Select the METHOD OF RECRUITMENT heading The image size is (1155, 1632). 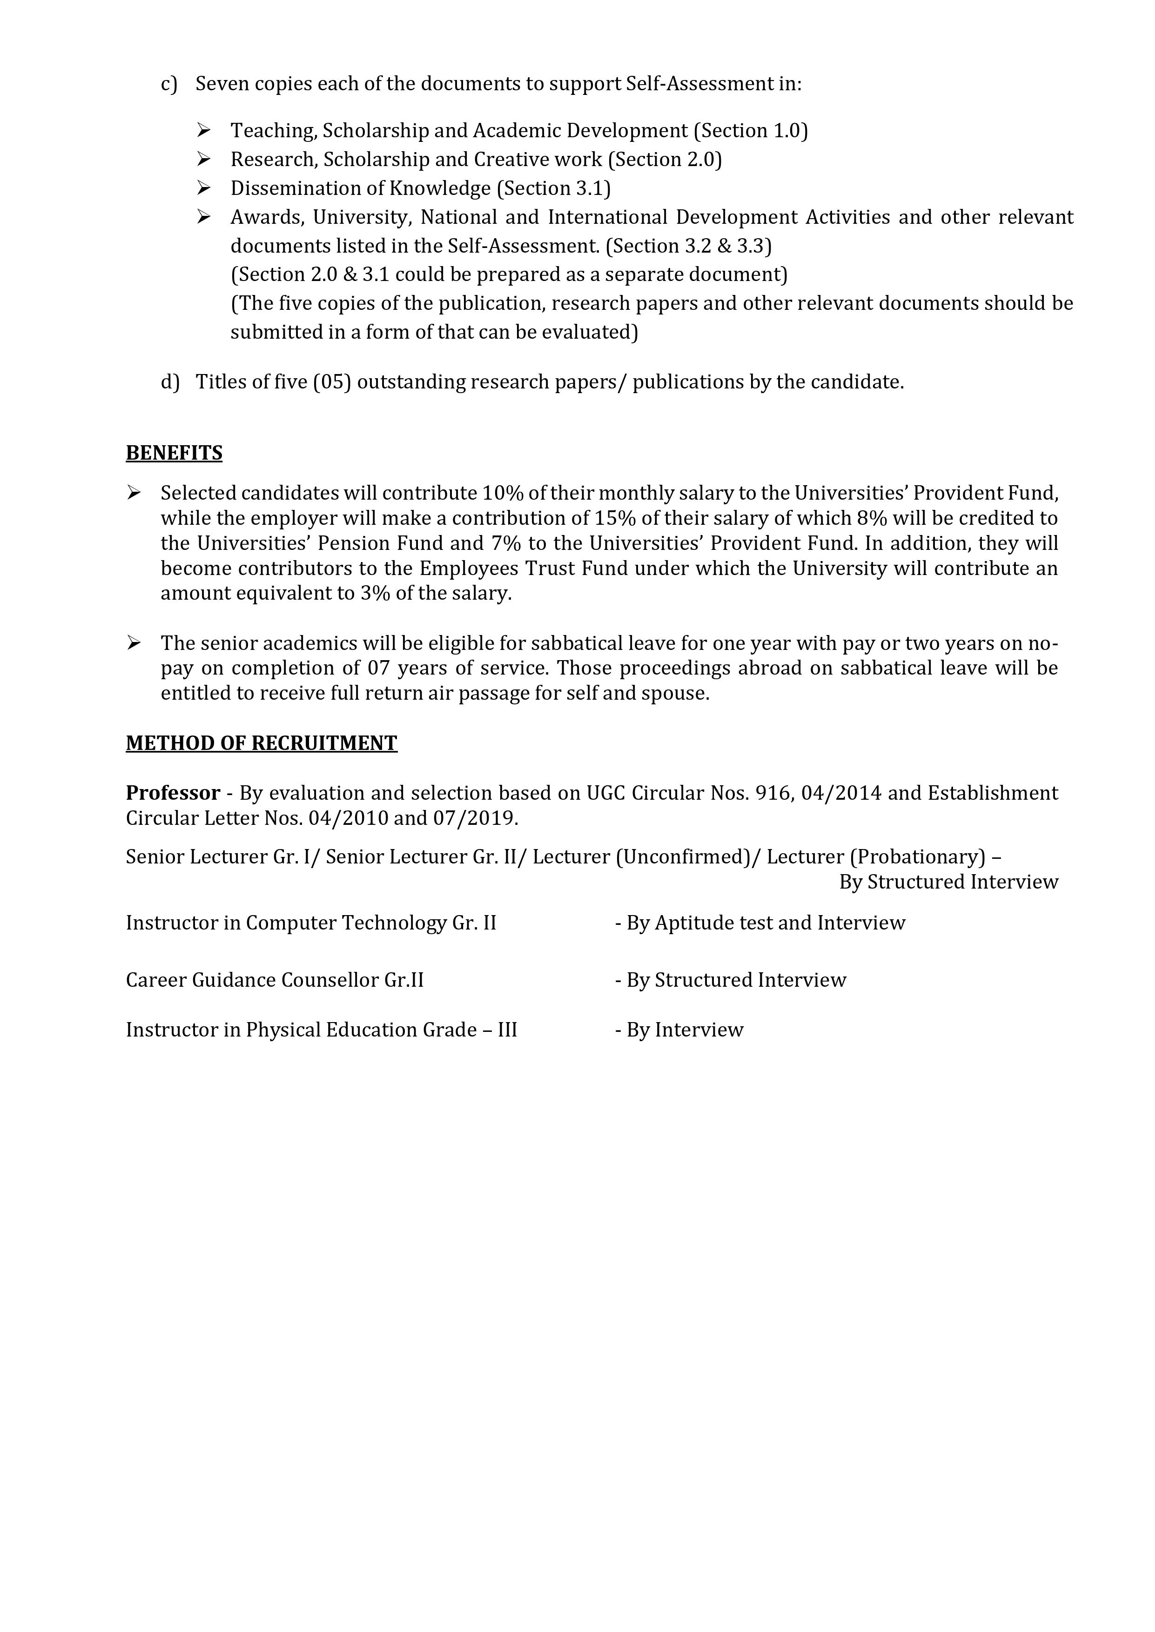(261, 743)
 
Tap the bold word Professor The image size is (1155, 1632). (173, 793)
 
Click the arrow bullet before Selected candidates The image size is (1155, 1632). (134, 493)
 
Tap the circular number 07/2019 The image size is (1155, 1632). (474, 818)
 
